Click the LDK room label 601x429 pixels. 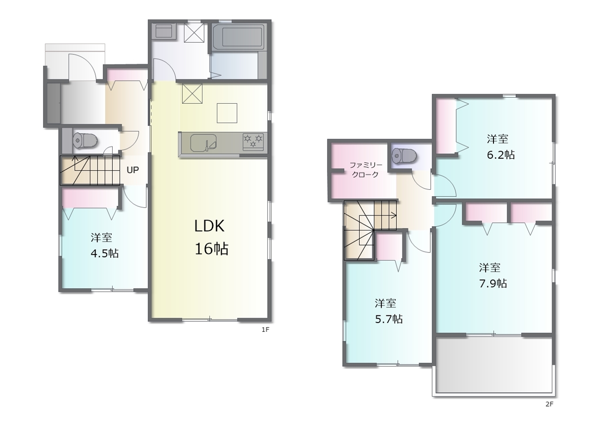point(209,226)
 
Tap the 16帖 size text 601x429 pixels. point(211,249)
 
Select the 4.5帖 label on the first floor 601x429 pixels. point(105,253)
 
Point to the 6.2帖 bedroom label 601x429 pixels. point(501,155)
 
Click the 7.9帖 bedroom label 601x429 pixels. point(493,283)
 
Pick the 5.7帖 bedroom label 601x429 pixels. point(389,319)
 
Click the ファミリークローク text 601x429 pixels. point(365,170)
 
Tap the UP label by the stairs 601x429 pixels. point(132,170)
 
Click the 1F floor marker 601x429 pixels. point(265,329)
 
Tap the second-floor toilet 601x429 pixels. point(404,156)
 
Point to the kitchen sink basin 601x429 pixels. point(203,143)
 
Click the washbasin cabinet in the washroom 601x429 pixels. point(163,31)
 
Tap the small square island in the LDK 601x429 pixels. point(227,113)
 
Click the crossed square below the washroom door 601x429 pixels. point(192,93)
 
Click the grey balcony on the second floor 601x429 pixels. point(493,366)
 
